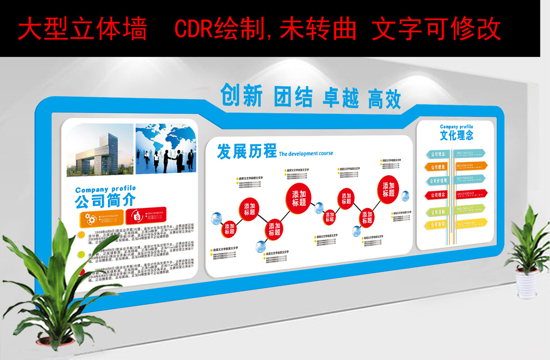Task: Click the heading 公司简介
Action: point(105,200)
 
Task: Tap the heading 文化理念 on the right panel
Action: point(457,135)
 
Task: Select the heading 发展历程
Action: point(247,152)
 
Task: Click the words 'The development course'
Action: point(306,154)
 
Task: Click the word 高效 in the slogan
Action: point(384,99)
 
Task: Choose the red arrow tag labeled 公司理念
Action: point(438,195)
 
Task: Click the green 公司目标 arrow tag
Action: point(438,212)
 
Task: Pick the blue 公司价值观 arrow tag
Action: point(438,181)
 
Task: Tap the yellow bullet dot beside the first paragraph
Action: point(81,235)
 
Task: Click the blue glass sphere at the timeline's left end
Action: point(216,218)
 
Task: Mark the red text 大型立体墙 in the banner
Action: point(82,29)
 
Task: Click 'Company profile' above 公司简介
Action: point(105,189)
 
